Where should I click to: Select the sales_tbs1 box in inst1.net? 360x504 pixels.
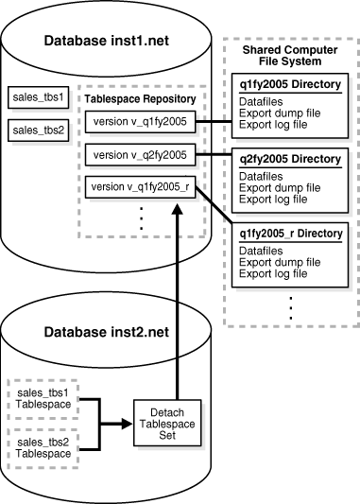[x=35, y=97]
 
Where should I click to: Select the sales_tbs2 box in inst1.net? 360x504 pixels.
[x=35, y=128]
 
